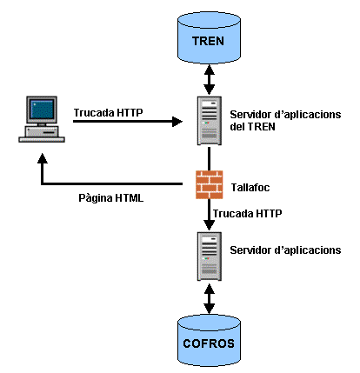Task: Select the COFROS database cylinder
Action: coord(209,339)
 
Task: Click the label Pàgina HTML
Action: coord(111,197)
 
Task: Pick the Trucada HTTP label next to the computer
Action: coord(110,112)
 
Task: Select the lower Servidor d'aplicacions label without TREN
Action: coord(284,250)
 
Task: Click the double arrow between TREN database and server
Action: coord(209,80)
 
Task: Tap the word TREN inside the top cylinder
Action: coord(209,40)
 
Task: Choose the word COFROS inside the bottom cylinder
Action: coord(209,343)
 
